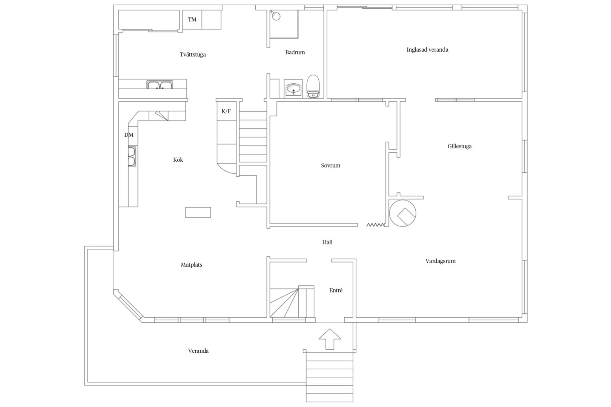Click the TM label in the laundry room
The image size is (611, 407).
tap(192, 20)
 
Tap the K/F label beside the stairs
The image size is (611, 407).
tap(226, 111)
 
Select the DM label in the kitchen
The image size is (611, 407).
tap(129, 135)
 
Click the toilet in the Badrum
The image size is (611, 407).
tap(313, 86)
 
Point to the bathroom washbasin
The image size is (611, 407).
tap(293, 89)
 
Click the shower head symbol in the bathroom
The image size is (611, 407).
tap(275, 15)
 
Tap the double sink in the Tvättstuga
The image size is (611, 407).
tap(160, 85)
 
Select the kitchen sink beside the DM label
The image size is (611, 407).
tap(132, 156)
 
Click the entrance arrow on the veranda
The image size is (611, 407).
tap(330, 339)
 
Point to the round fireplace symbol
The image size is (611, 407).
tap(402, 213)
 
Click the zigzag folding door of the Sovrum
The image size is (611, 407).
tap(376, 225)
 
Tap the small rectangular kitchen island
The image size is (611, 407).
tap(198, 213)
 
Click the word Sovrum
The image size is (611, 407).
tap(331, 165)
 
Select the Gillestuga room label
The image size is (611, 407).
tap(460, 146)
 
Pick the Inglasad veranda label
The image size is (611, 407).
tap(427, 50)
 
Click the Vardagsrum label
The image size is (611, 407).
tap(441, 261)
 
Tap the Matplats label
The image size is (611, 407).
tap(192, 265)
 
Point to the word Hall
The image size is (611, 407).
tap(327, 242)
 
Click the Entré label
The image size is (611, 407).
tap(336, 290)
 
